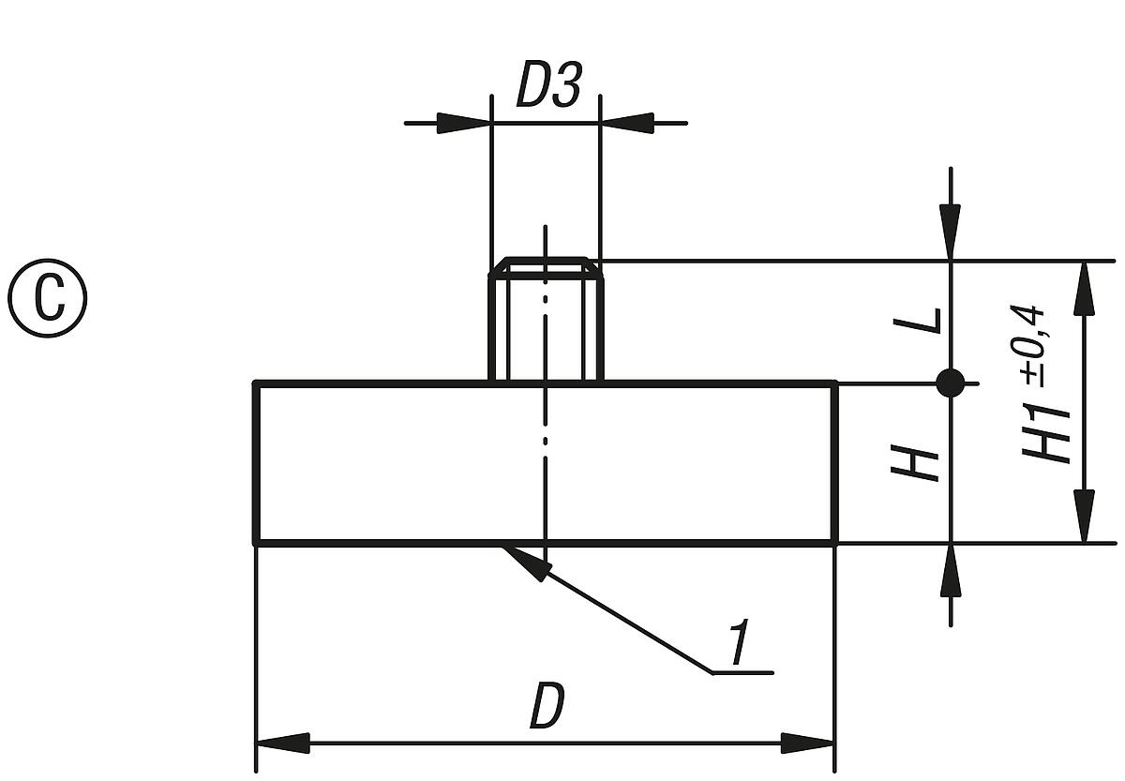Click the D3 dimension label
pyautogui.click(x=548, y=87)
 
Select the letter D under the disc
pyautogui.click(x=547, y=707)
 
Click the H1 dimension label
pyautogui.click(x=1049, y=431)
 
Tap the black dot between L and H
pyautogui.click(x=951, y=383)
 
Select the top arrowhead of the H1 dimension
pyautogui.click(x=1084, y=285)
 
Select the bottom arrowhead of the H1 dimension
pyautogui.click(x=1084, y=518)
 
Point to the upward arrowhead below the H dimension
pyautogui.click(x=951, y=569)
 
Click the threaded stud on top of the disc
pyautogui.click(x=544, y=328)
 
